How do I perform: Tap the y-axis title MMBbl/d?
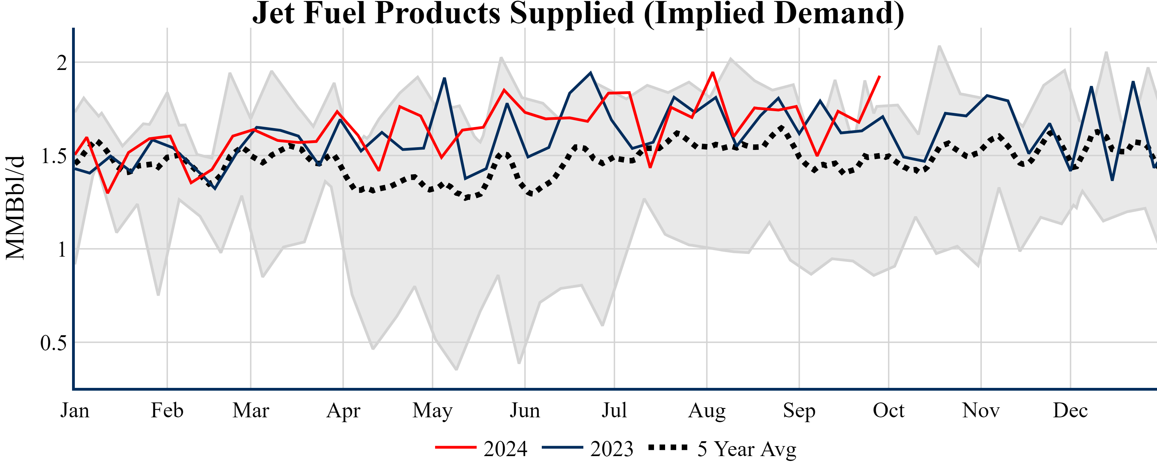tap(15, 207)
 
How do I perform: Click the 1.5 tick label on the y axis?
tap(53, 156)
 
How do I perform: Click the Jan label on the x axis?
tap(74, 410)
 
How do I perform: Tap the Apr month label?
tap(343, 410)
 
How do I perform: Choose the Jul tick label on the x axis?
tap(614, 410)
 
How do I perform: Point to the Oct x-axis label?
tap(889, 410)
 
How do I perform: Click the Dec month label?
tap(1070, 410)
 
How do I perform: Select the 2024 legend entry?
tap(482, 448)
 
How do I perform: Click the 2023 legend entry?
tap(588, 448)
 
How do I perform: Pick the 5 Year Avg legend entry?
tap(722, 448)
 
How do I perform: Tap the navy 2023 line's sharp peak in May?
tap(444, 78)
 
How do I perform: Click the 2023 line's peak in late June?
tap(591, 72)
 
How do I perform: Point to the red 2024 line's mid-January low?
tap(108, 193)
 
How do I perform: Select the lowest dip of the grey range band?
tap(456, 370)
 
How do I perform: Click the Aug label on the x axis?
tap(707, 410)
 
